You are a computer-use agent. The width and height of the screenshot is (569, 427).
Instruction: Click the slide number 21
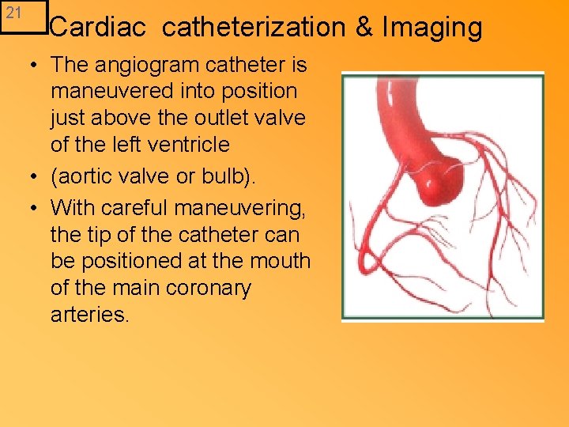pyautogui.click(x=13, y=13)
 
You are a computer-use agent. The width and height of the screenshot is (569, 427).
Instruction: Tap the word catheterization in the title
pyautogui.click(x=254, y=28)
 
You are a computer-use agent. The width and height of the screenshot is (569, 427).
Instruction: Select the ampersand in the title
pyautogui.click(x=364, y=28)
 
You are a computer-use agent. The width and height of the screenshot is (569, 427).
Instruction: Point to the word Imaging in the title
pyautogui.click(x=431, y=28)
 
